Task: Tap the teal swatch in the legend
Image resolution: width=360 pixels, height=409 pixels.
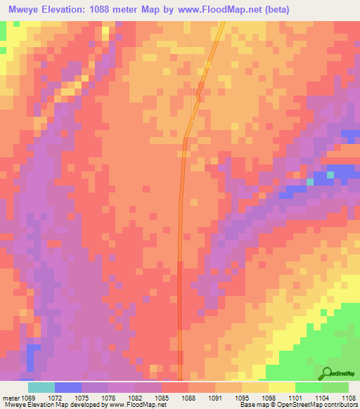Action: (x=41, y=388)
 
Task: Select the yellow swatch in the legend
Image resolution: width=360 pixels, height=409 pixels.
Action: (x=282, y=388)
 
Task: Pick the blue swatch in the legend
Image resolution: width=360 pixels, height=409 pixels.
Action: (x=68, y=388)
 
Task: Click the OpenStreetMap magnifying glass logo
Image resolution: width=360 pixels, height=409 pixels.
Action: (x=328, y=372)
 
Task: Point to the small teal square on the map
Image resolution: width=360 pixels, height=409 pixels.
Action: (x=309, y=181)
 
